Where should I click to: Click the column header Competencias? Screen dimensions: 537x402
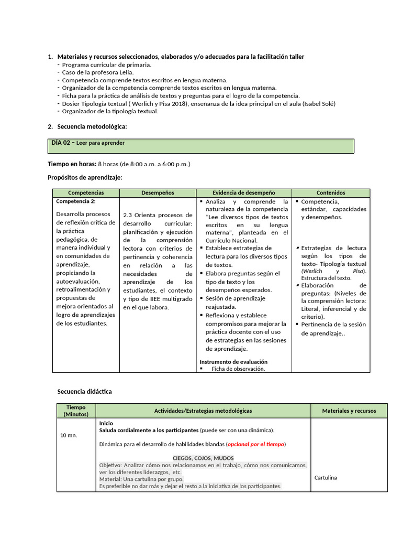coord(86,193)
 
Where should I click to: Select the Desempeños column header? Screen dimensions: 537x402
coord(158,193)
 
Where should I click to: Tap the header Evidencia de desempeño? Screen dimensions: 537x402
coord(243,193)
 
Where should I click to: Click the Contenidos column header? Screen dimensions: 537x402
coord(331,193)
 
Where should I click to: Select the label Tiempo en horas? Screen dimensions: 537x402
coord(72,164)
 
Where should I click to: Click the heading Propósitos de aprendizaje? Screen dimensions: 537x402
coord(85,178)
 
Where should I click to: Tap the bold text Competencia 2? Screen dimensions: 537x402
coord(76,201)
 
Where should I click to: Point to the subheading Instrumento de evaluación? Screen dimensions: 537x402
coord(233,362)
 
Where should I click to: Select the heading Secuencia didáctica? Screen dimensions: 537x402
coord(84,392)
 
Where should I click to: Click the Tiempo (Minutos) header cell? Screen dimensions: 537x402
coord(76,411)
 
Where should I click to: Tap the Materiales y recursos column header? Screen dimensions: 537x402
coord(349,411)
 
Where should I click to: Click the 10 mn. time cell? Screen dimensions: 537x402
coord(68,435)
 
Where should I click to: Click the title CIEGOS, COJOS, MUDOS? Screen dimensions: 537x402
coord(203,458)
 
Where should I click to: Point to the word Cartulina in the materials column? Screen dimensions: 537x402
coord(326,478)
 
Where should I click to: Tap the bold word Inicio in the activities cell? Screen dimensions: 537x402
coord(106,423)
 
